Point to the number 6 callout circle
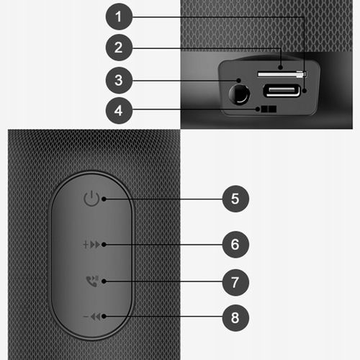[235, 244]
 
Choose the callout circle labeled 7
[235, 282]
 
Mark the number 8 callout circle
[235, 316]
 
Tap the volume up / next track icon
[91, 244]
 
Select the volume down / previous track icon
[91, 316]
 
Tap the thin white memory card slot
[281, 73]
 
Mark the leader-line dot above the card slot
[281, 66]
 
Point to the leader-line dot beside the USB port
[305, 91]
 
